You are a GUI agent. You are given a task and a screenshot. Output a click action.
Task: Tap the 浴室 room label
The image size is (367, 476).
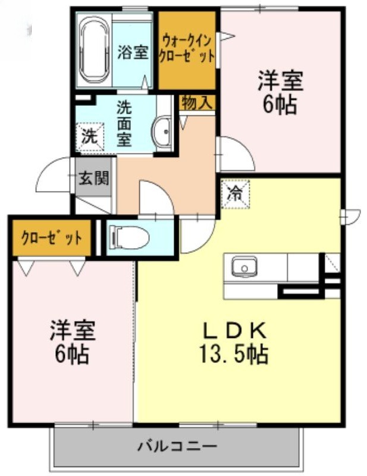133,52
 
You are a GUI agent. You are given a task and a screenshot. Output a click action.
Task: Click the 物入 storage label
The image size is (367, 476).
197,103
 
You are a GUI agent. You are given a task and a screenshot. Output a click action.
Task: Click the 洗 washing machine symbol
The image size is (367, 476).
90,136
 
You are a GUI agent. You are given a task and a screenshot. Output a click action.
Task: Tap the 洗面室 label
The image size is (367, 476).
124,124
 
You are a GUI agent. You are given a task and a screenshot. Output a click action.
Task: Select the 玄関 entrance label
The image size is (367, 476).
94,178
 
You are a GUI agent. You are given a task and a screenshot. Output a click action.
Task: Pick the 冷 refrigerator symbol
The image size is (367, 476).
236,194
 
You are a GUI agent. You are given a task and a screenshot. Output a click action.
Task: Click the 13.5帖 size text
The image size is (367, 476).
233,353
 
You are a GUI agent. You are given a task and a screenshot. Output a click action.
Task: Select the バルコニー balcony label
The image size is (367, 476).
178,446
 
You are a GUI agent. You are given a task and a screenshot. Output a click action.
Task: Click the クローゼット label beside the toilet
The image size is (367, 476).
51,238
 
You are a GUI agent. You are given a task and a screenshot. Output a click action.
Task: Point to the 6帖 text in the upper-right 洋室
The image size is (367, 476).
280,105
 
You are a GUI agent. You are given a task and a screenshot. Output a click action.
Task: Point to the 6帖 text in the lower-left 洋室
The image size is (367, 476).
72,354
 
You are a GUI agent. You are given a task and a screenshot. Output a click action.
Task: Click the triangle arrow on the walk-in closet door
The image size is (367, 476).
227,36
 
